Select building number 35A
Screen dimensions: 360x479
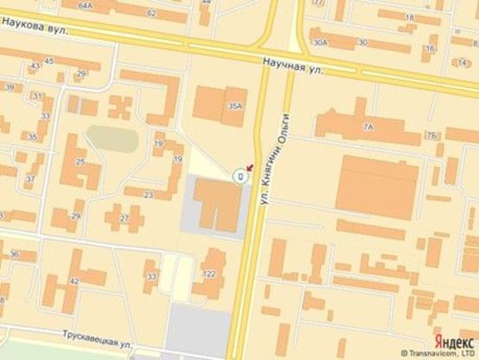pyautogui.click(x=235, y=105)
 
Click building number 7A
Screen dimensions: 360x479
pyautogui.click(x=369, y=127)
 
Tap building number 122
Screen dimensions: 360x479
pyautogui.click(x=208, y=273)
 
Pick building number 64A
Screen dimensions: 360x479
pyautogui.click(x=85, y=4)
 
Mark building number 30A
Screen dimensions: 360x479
pyautogui.click(x=321, y=41)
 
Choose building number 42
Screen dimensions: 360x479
pyautogui.click(x=74, y=281)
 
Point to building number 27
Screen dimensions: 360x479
pyautogui.click(x=124, y=219)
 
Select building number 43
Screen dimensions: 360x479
pyautogui.click(x=35, y=66)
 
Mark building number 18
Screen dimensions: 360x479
pyautogui.click(x=408, y=16)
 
